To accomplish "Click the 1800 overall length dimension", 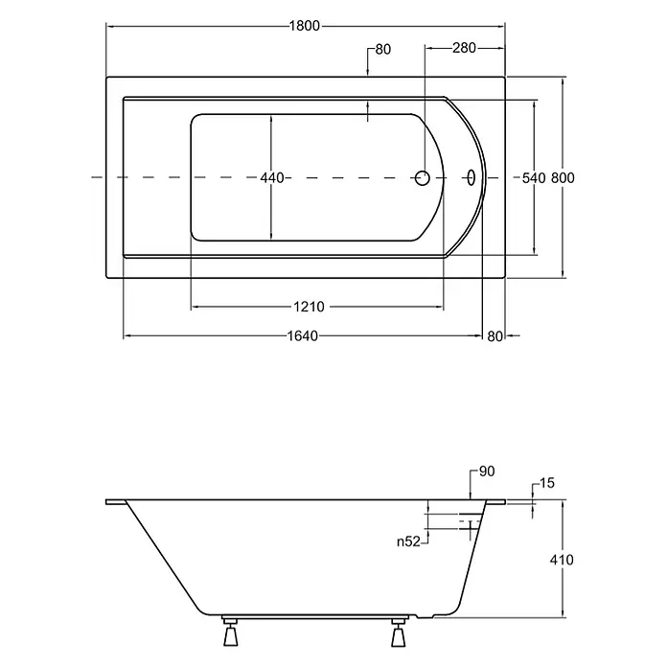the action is pyautogui.click(x=305, y=26).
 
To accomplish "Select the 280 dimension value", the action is pyautogui.click(x=464, y=48).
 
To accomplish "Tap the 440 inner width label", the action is pyautogui.click(x=272, y=178).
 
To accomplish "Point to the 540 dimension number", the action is pyautogui.click(x=534, y=178).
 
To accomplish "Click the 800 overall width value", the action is pyautogui.click(x=563, y=178).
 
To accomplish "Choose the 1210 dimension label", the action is pyautogui.click(x=309, y=307).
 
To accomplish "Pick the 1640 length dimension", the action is pyautogui.click(x=303, y=336).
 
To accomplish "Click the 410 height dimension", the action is pyautogui.click(x=562, y=560).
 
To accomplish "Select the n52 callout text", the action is pyautogui.click(x=408, y=541).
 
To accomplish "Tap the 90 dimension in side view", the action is pyautogui.click(x=487, y=471).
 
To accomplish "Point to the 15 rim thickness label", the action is pyautogui.click(x=547, y=483).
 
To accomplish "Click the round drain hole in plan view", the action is pyautogui.click(x=422, y=178).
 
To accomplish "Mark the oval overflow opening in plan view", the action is pyautogui.click(x=471, y=178).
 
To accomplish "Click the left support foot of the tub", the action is pyautogui.click(x=230, y=632).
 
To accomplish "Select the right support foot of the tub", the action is pyautogui.click(x=399, y=632).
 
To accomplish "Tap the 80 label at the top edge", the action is pyautogui.click(x=382, y=49).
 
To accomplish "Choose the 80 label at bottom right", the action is pyautogui.click(x=494, y=336).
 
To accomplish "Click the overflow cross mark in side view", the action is pyautogui.click(x=471, y=529).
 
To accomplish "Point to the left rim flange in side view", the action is pyautogui.click(x=116, y=502).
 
